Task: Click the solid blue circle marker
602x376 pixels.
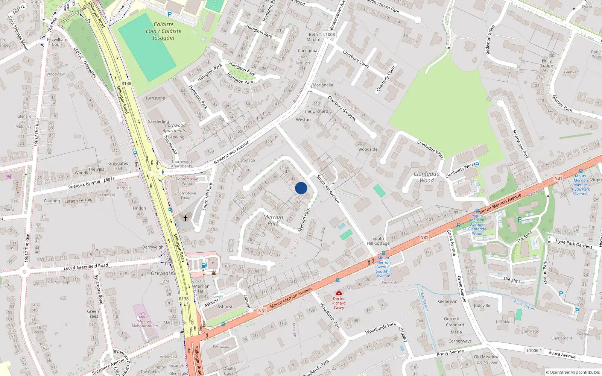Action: pos(301,188)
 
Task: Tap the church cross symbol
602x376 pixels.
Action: pos(185,218)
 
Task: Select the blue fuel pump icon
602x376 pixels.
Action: pos(204,265)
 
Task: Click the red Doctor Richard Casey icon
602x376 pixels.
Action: pos(339,293)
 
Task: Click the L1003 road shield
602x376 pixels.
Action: pos(329,34)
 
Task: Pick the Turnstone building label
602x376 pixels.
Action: pos(155,98)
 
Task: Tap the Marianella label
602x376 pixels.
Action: pos(323,85)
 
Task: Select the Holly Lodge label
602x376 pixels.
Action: pos(547,63)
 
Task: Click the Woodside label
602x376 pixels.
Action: pos(368,149)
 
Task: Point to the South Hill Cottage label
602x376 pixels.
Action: pos(378,241)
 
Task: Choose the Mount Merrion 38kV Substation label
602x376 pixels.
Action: pos(144,321)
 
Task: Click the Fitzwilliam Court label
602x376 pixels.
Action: pos(57,42)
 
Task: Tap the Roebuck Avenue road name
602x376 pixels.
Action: pos(84,184)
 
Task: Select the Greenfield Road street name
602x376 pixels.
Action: pos(92,266)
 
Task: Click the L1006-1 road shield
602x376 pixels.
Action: pos(534,350)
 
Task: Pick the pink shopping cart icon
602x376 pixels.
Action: pos(9,176)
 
